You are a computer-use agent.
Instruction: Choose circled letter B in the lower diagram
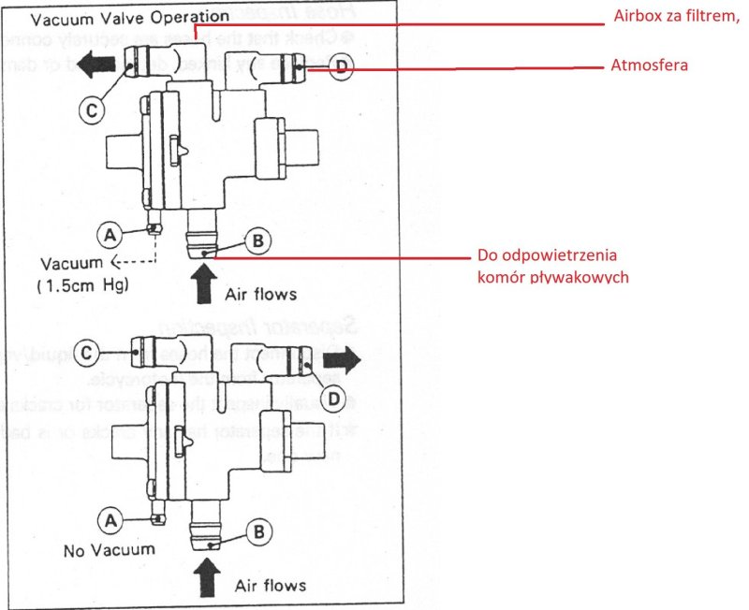pos(257,528)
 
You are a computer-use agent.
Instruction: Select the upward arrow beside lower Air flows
pos(208,573)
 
